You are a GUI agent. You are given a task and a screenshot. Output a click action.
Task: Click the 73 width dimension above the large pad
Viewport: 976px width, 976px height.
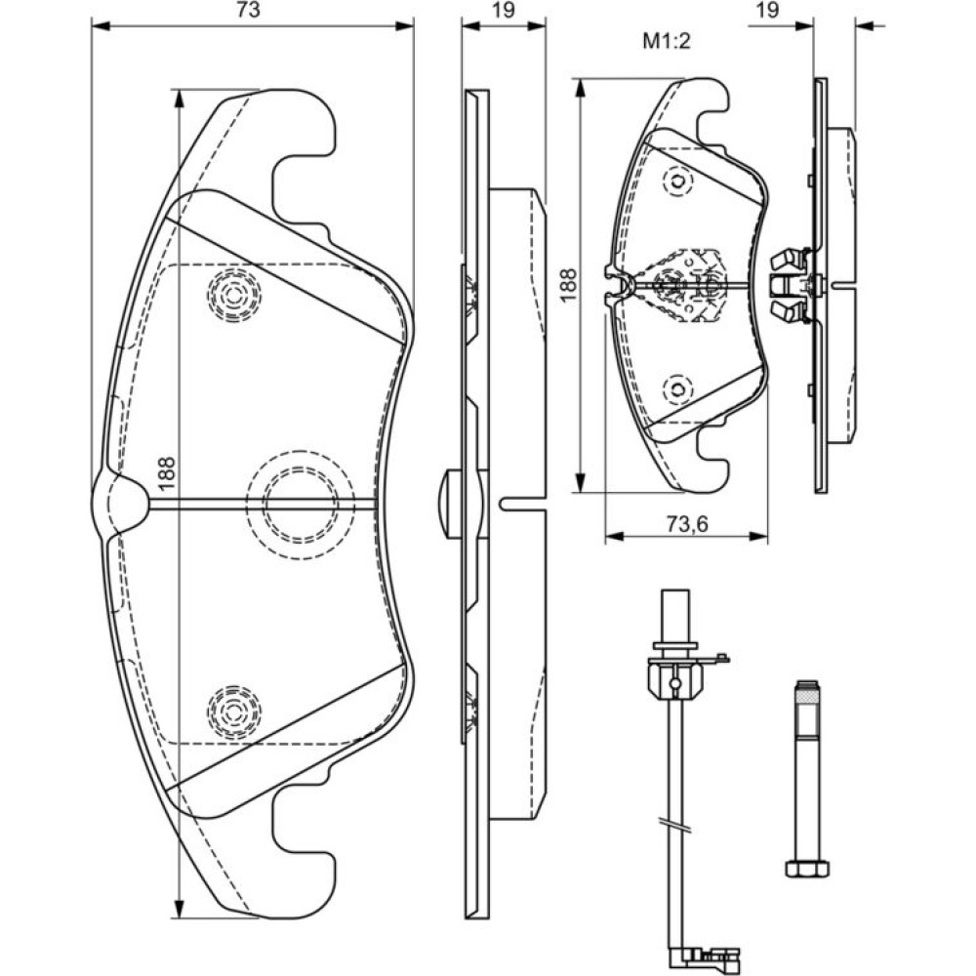(x=252, y=12)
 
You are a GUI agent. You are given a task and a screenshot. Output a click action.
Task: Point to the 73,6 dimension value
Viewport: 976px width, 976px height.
(x=686, y=524)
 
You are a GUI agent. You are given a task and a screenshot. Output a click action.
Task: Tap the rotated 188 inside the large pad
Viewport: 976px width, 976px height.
(x=165, y=472)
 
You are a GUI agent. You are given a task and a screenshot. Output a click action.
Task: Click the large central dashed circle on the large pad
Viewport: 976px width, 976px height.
(x=293, y=502)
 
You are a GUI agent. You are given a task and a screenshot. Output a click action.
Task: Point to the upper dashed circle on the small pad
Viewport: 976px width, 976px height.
(x=676, y=181)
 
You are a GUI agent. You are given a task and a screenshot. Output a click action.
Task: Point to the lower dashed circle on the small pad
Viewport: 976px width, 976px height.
(x=676, y=388)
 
